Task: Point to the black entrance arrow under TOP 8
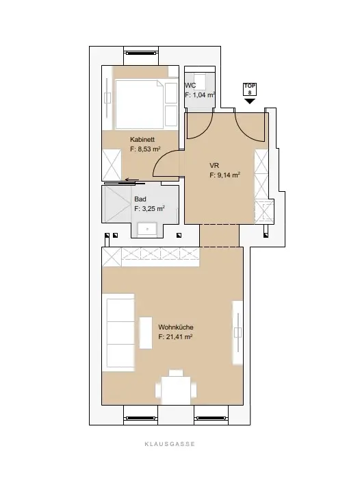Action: (250, 101)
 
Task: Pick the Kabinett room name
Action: (142, 138)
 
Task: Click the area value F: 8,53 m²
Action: (145, 149)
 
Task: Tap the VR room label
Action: (214, 165)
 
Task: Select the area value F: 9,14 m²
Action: (224, 175)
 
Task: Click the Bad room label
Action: (140, 199)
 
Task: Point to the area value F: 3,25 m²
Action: (149, 208)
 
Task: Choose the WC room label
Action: (191, 86)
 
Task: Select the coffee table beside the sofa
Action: (146, 333)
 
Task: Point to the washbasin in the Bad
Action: (146, 229)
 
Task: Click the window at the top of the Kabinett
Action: (142, 53)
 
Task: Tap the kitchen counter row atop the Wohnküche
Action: (152, 257)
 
